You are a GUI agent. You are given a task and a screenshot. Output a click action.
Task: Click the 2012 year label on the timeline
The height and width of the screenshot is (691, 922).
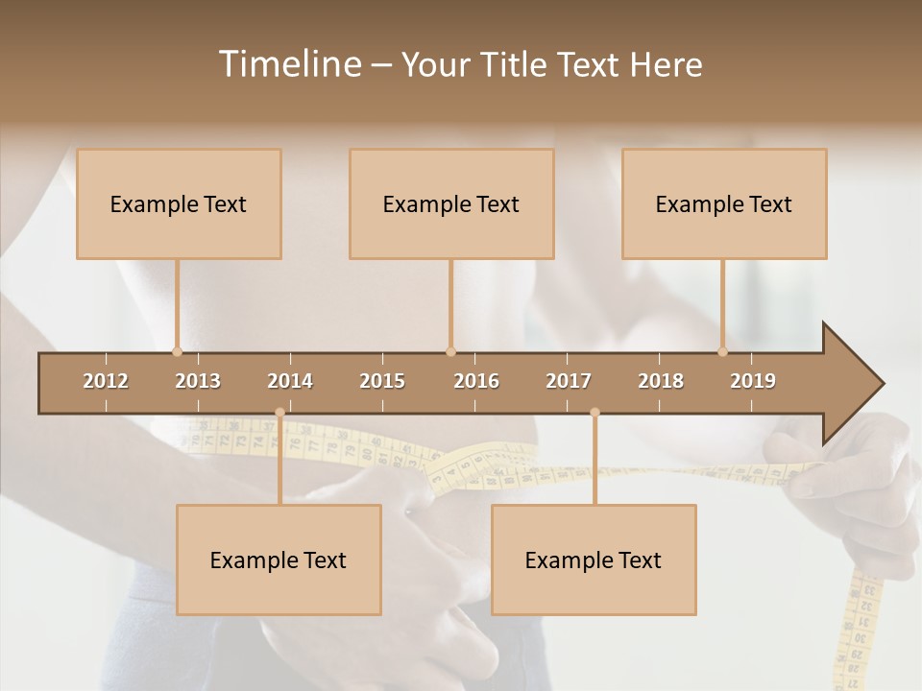(x=106, y=381)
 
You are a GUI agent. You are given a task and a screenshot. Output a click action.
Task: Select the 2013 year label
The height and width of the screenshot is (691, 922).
(x=198, y=381)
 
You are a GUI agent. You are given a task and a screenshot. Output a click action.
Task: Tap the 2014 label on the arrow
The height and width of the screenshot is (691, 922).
(x=290, y=381)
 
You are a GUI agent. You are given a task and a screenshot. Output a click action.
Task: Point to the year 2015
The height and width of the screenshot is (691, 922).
(x=382, y=381)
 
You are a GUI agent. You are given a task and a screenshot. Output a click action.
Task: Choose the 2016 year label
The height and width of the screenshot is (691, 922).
(x=476, y=381)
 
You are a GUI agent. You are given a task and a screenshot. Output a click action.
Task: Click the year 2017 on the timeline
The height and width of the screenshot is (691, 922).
(x=569, y=381)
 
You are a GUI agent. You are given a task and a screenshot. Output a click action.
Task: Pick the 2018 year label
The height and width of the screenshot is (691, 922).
(x=661, y=381)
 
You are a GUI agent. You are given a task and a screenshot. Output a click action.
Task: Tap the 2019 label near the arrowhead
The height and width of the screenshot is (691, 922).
(x=753, y=381)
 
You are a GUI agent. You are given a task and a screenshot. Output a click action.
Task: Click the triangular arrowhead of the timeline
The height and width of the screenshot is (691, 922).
(x=851, y=384)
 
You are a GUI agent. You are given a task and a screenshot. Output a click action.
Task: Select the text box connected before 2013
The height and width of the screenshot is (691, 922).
(x=179, y=203)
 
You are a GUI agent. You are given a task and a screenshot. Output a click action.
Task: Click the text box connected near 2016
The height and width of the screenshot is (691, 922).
(x=451, y=203)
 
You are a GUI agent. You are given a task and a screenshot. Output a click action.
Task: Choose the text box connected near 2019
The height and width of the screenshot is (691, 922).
(x=724, y=203)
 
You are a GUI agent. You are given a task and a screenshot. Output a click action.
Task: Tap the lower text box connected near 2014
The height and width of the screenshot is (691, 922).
(x=279, y=560)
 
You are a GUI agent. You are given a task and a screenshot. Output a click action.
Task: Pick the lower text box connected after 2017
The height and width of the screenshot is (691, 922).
(x=594, y=560)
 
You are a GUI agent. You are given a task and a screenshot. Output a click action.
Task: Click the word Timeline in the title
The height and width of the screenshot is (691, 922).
(x=289, y=64)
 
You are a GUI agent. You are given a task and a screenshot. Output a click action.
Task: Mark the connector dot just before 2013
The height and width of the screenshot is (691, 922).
(x=177, y=351)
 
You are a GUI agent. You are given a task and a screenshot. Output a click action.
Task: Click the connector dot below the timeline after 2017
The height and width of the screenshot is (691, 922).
(x=594, y=413)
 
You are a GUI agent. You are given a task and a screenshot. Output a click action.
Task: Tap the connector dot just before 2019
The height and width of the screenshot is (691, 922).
(x=722, y=351)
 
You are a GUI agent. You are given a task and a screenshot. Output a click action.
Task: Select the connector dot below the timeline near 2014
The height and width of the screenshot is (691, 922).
(x=279, y=413)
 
